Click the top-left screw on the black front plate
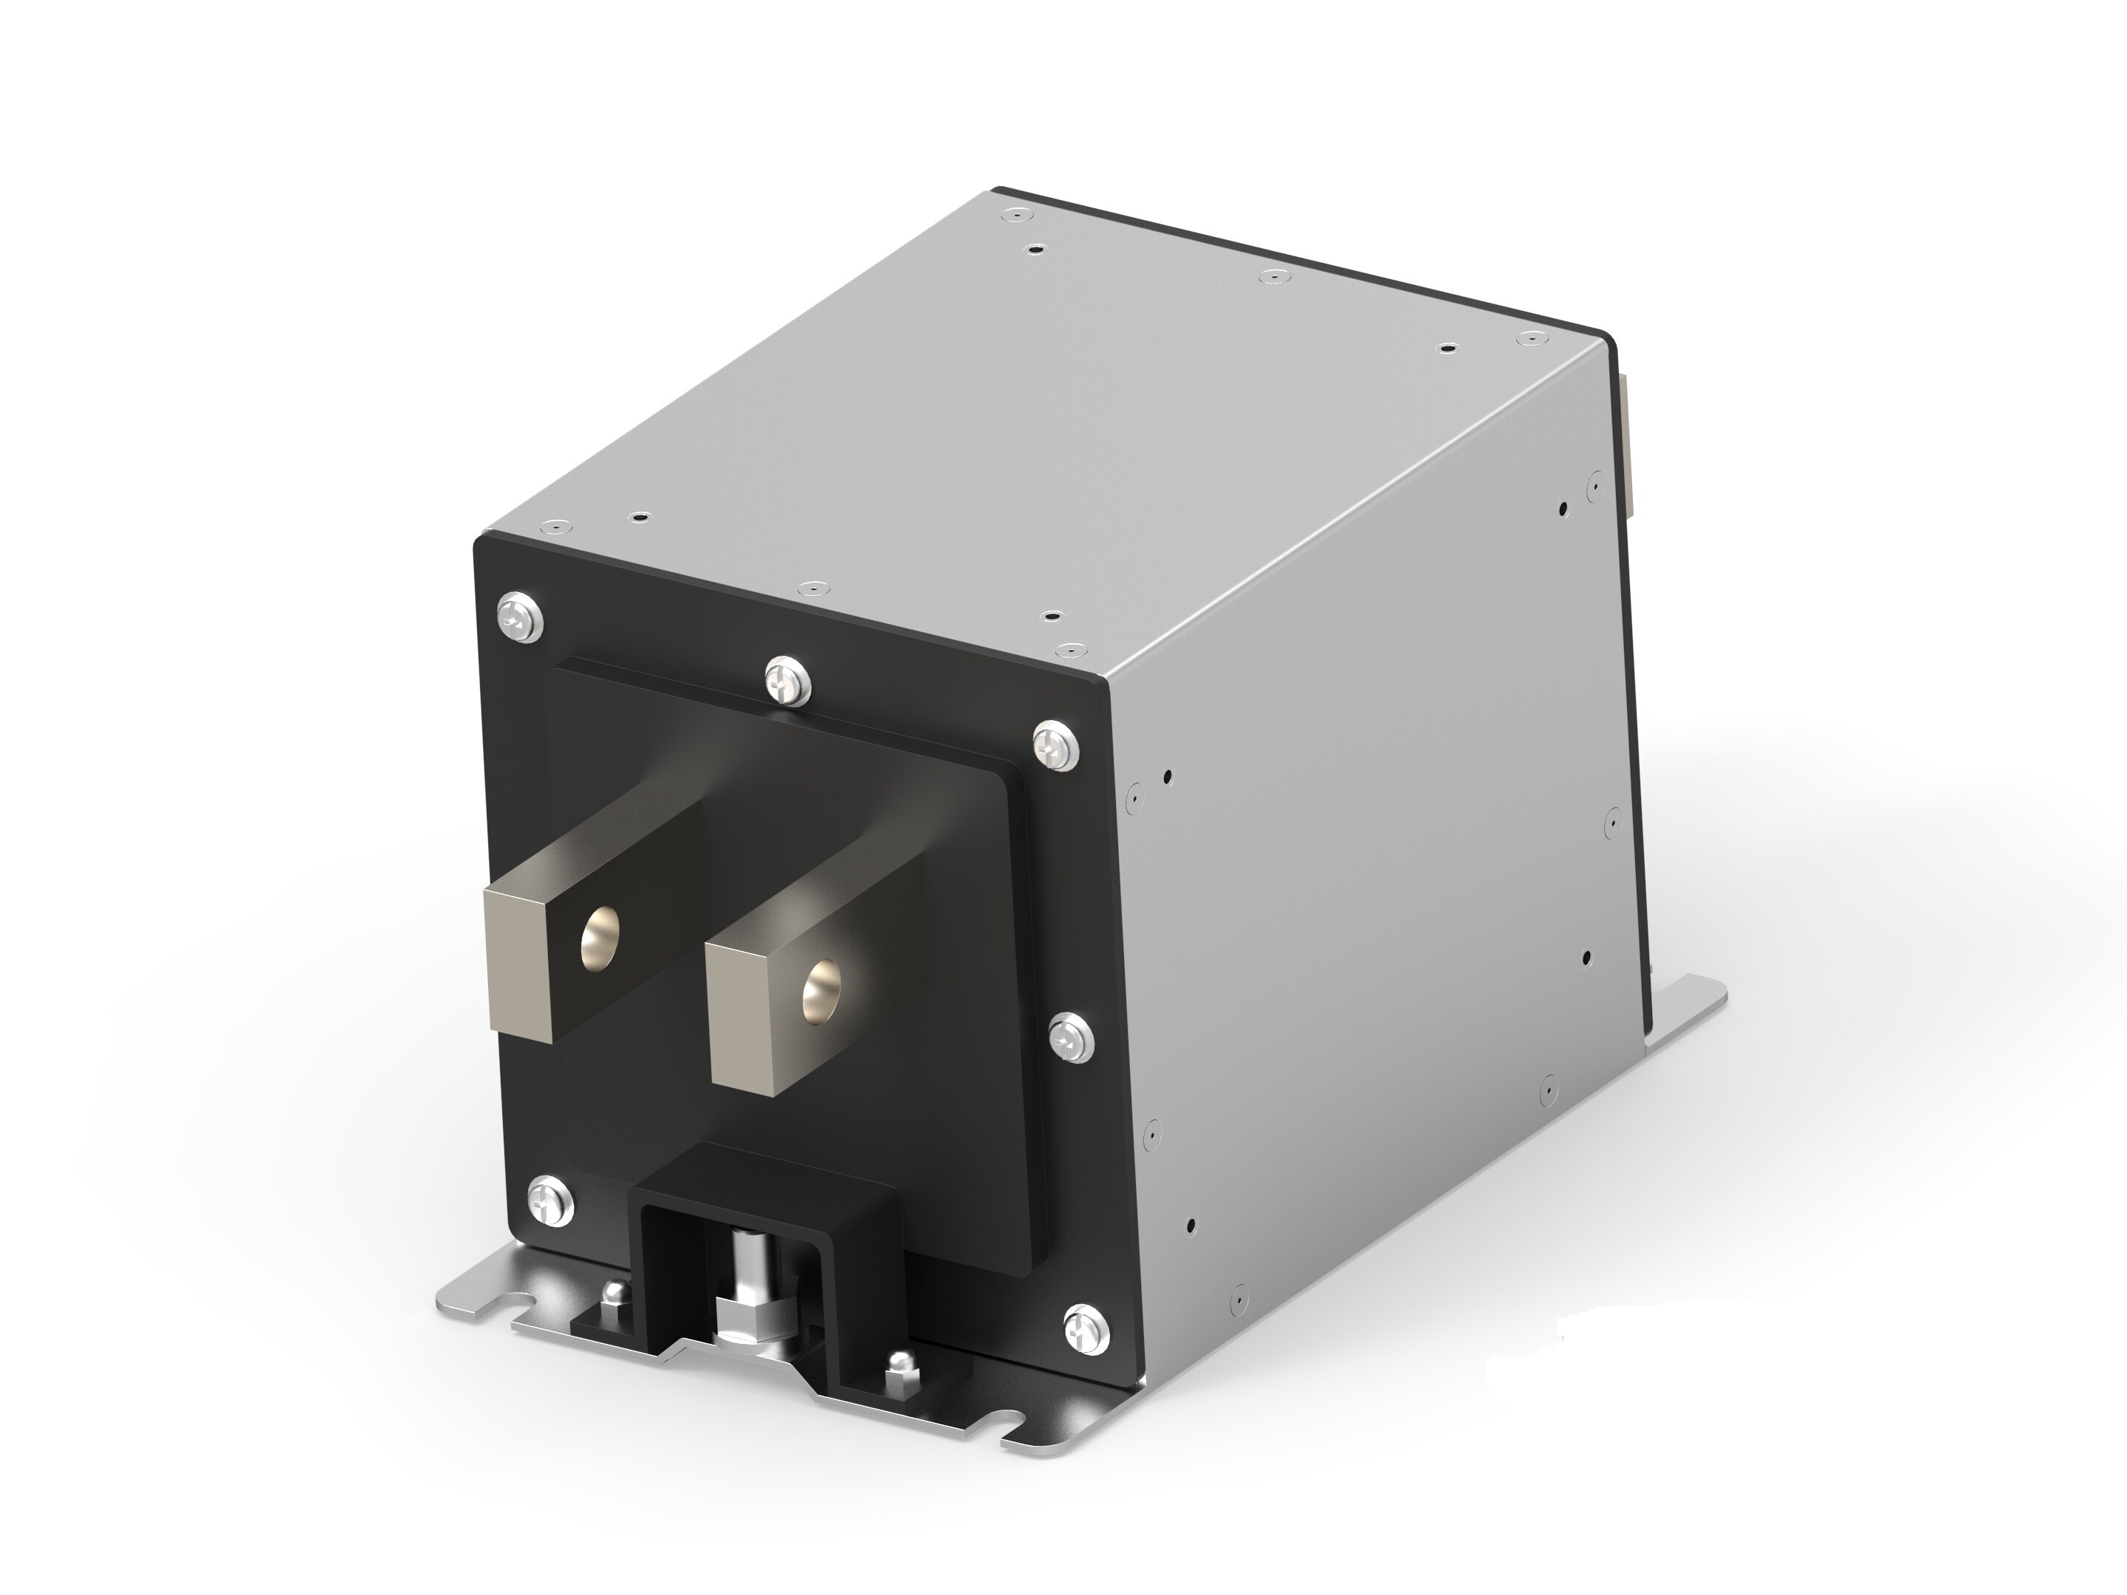(520, 618)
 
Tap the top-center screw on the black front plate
(789, 682)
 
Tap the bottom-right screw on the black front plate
(1086, 1331)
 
